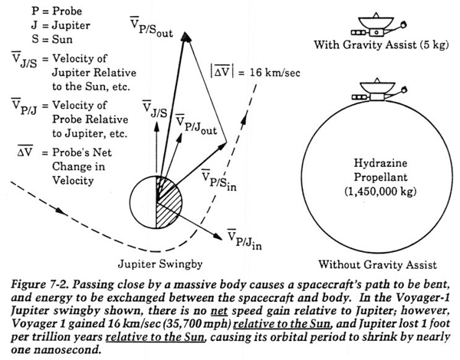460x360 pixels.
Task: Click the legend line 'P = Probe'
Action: tap(57, 11)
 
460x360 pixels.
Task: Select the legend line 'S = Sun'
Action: tap(52, 39)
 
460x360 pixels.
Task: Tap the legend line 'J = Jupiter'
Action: tap(61, 25)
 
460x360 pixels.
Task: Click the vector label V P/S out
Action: tap(151, 27)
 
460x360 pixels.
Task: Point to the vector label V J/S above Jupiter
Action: tap(155, 109)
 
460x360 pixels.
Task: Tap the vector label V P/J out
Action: tap(196, 124)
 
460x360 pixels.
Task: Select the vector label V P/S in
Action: tap(219, 180)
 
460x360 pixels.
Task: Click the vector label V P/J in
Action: tap(245, 239)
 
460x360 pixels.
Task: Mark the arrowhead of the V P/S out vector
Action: tap(185, 37)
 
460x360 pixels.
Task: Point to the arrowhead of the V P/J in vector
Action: tap(218, 236)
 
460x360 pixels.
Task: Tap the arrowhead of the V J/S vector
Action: tap(156, 126)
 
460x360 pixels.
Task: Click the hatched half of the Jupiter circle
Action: tap(169, 202)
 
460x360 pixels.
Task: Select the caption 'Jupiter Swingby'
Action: tap(160, 264)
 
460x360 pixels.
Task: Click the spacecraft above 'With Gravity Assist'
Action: tap(378, 25)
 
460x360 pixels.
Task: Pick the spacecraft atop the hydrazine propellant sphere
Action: tap(379, 90)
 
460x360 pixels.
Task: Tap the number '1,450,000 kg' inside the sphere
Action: tap(380, 191)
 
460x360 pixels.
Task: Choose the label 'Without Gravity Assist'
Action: tap(378, 264)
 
